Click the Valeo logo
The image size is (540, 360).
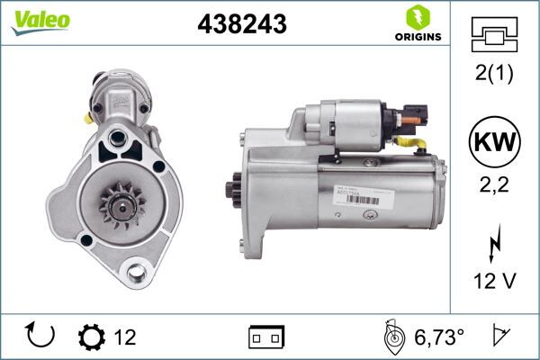click(40, 20)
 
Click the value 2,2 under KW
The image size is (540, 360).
click(495, 186)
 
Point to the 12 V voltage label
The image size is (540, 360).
click(495, 281)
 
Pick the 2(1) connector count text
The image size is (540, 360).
click(495, 75)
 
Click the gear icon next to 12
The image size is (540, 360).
click(92, 337)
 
